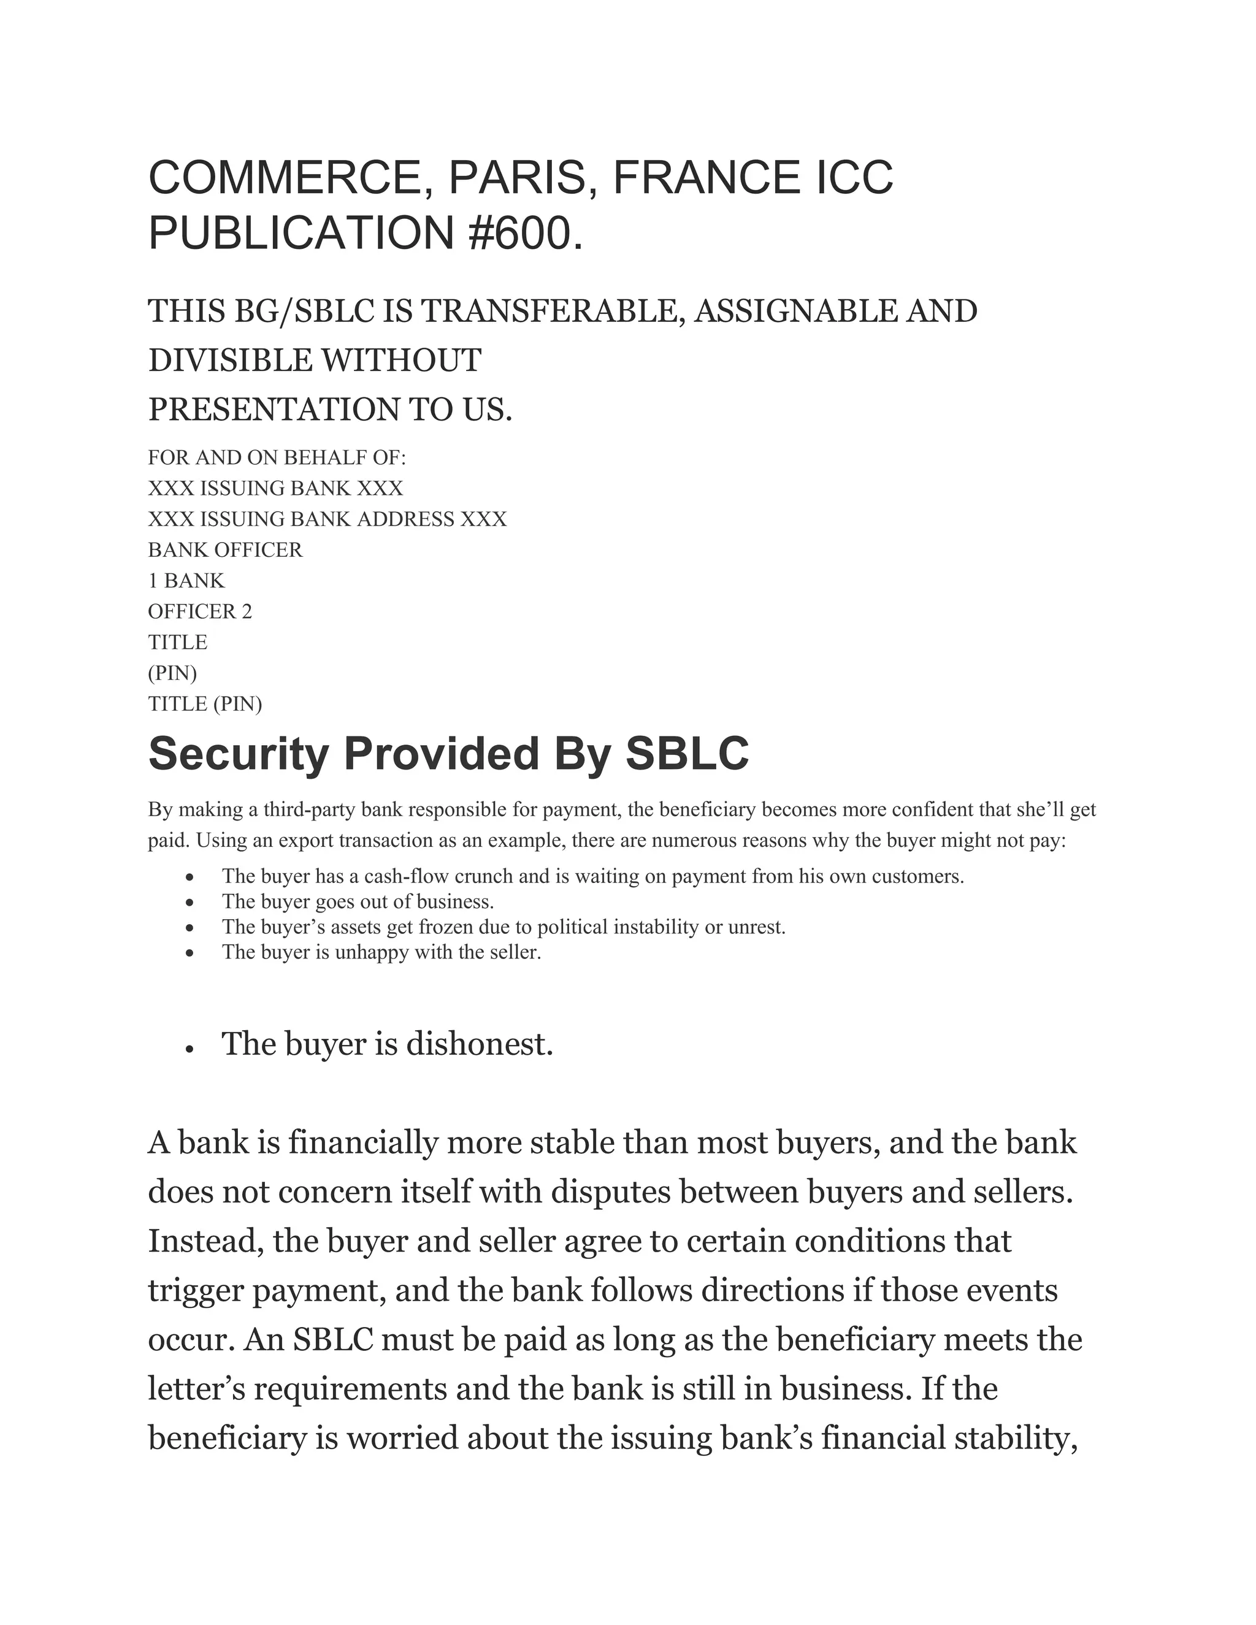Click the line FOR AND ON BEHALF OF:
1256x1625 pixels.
pos(277,457)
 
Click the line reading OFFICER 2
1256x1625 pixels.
pos(199,611)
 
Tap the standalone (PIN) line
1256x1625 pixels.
pos(172,673)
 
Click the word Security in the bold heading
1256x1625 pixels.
pos(238,754)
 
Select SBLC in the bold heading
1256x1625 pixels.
pos(686,754)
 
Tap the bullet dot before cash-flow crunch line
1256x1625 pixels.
pos(191,878)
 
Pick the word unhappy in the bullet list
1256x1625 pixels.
pos(372,952)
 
